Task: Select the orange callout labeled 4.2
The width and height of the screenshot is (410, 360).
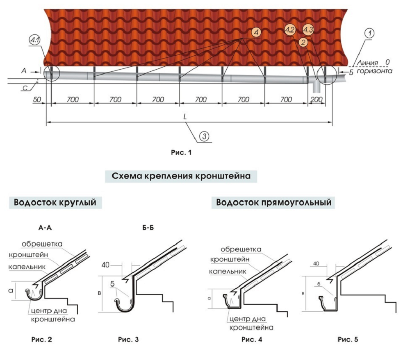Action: pyautogui.click(x=289, y=30)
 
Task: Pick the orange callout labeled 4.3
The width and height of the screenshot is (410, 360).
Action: pyautogui.click(x=308, y=29)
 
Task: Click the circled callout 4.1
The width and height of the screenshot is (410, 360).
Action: pyautogui.click(x=34, y=41)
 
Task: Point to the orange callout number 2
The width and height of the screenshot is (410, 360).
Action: pyautogui.click(x=303, y=42)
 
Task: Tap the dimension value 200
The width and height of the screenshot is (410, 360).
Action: pyautogui.click(x=316, y=100)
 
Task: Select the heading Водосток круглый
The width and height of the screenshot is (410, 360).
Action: pyautogui.click(x=57, y=203)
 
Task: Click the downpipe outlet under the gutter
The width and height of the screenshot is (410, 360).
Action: pyautogui.click(x=316, y=87)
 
